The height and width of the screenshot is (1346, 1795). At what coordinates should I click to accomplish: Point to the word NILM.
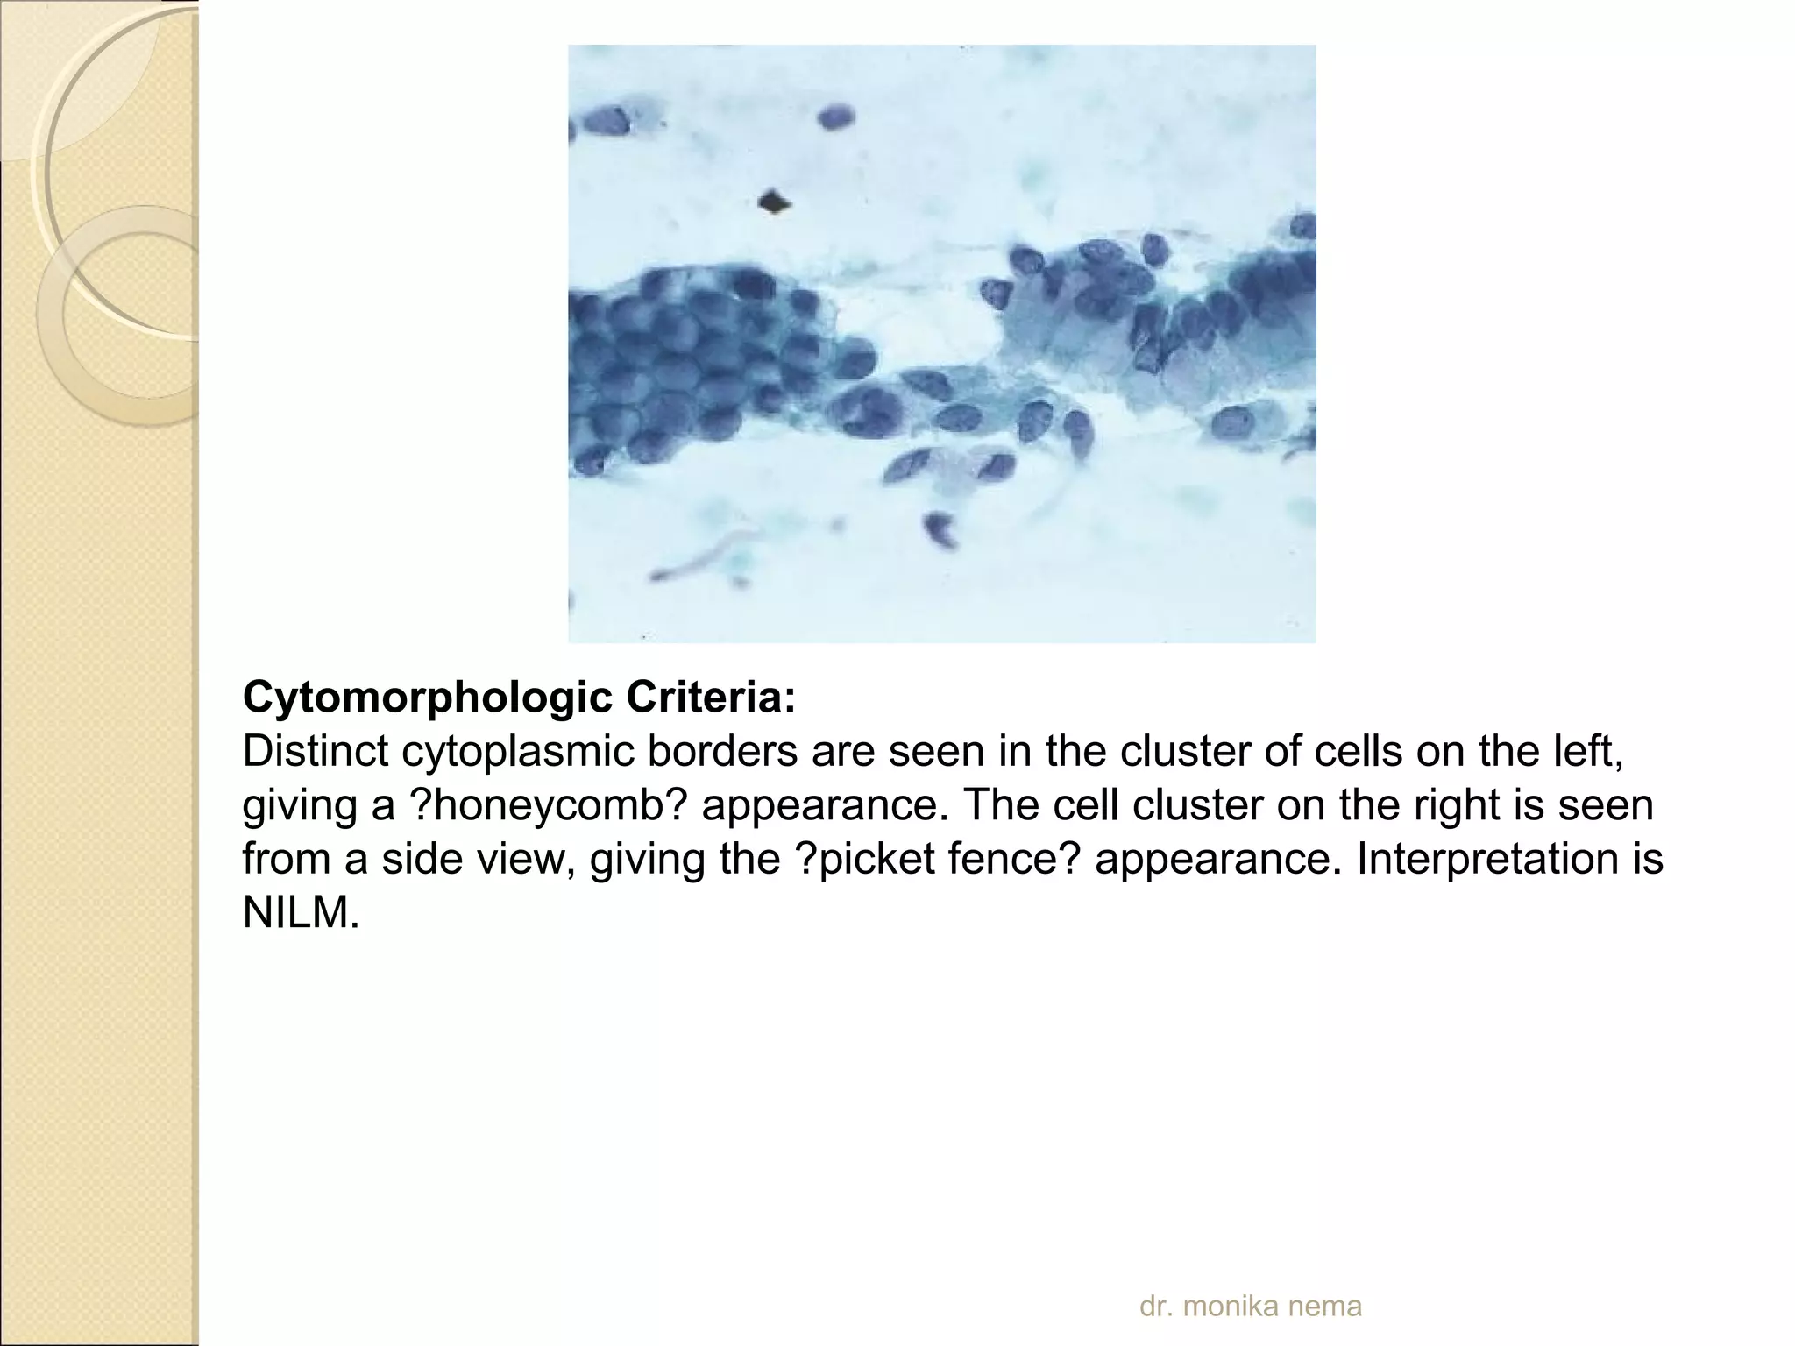301,912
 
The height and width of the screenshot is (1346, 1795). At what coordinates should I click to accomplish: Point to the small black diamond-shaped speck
772,202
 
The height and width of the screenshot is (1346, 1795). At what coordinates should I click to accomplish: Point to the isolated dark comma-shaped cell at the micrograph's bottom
940,530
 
